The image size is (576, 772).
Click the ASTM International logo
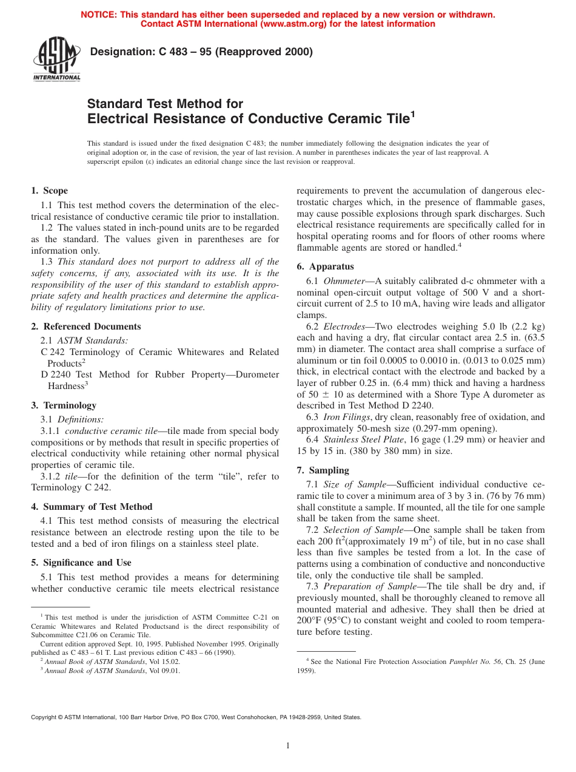point(56,58)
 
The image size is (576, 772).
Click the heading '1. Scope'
point(50,191)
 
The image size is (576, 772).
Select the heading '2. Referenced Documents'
point(86,327)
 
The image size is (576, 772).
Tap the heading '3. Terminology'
point(64,405)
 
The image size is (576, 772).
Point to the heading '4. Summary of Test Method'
point(92,507)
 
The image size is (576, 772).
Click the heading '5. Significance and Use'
point(81,563)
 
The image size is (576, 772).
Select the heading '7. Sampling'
point(323,470)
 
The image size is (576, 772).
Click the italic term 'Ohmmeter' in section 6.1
point(344,281)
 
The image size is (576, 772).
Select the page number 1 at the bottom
point(288,746)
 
